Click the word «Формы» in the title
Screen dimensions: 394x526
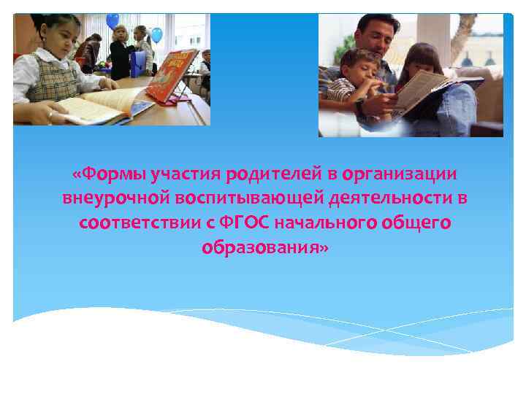pos(108,174)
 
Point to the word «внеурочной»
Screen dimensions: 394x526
pos(116,198)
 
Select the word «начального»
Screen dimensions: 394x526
pos(329,223)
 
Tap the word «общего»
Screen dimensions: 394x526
pos(415,223)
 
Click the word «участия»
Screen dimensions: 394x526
pos(178,174)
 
